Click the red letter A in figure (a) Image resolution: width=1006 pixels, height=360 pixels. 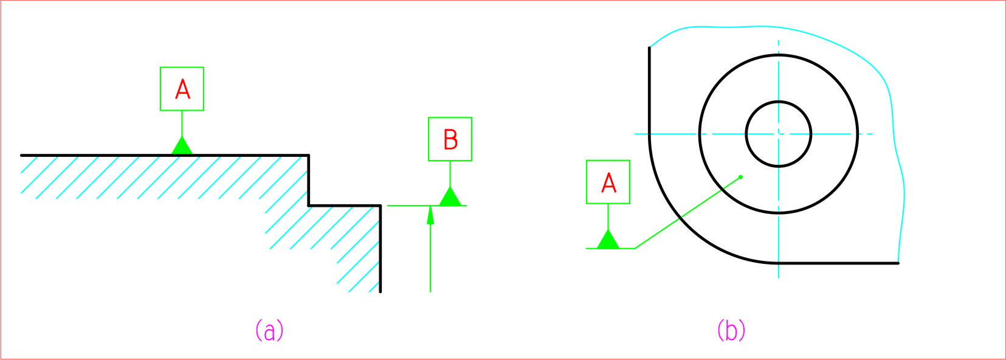click(182, 89)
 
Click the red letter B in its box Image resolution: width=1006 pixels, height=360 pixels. click(450, 139)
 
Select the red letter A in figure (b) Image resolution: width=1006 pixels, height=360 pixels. click(608, 182)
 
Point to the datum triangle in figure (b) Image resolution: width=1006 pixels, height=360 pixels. click(608, 241)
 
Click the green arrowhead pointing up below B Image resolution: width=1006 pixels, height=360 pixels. click(430, 215)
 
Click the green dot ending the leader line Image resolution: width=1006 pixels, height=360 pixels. click(740, 177)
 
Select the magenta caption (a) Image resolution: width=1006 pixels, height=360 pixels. click(269, 330)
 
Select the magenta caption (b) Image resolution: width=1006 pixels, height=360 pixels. click(731, 330)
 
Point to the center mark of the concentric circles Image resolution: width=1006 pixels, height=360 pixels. click(779, 134)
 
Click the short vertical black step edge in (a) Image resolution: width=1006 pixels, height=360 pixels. click(309, 181)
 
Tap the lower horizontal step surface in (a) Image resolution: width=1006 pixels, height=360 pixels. click(345, 206)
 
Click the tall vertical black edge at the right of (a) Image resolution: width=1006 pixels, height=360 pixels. click(381, 249)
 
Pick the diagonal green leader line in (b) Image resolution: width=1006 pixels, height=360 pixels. click(687, 213)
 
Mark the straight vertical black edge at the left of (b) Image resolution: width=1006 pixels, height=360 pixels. click(649, 91)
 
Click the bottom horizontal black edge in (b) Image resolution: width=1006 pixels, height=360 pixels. click(839, 263)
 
